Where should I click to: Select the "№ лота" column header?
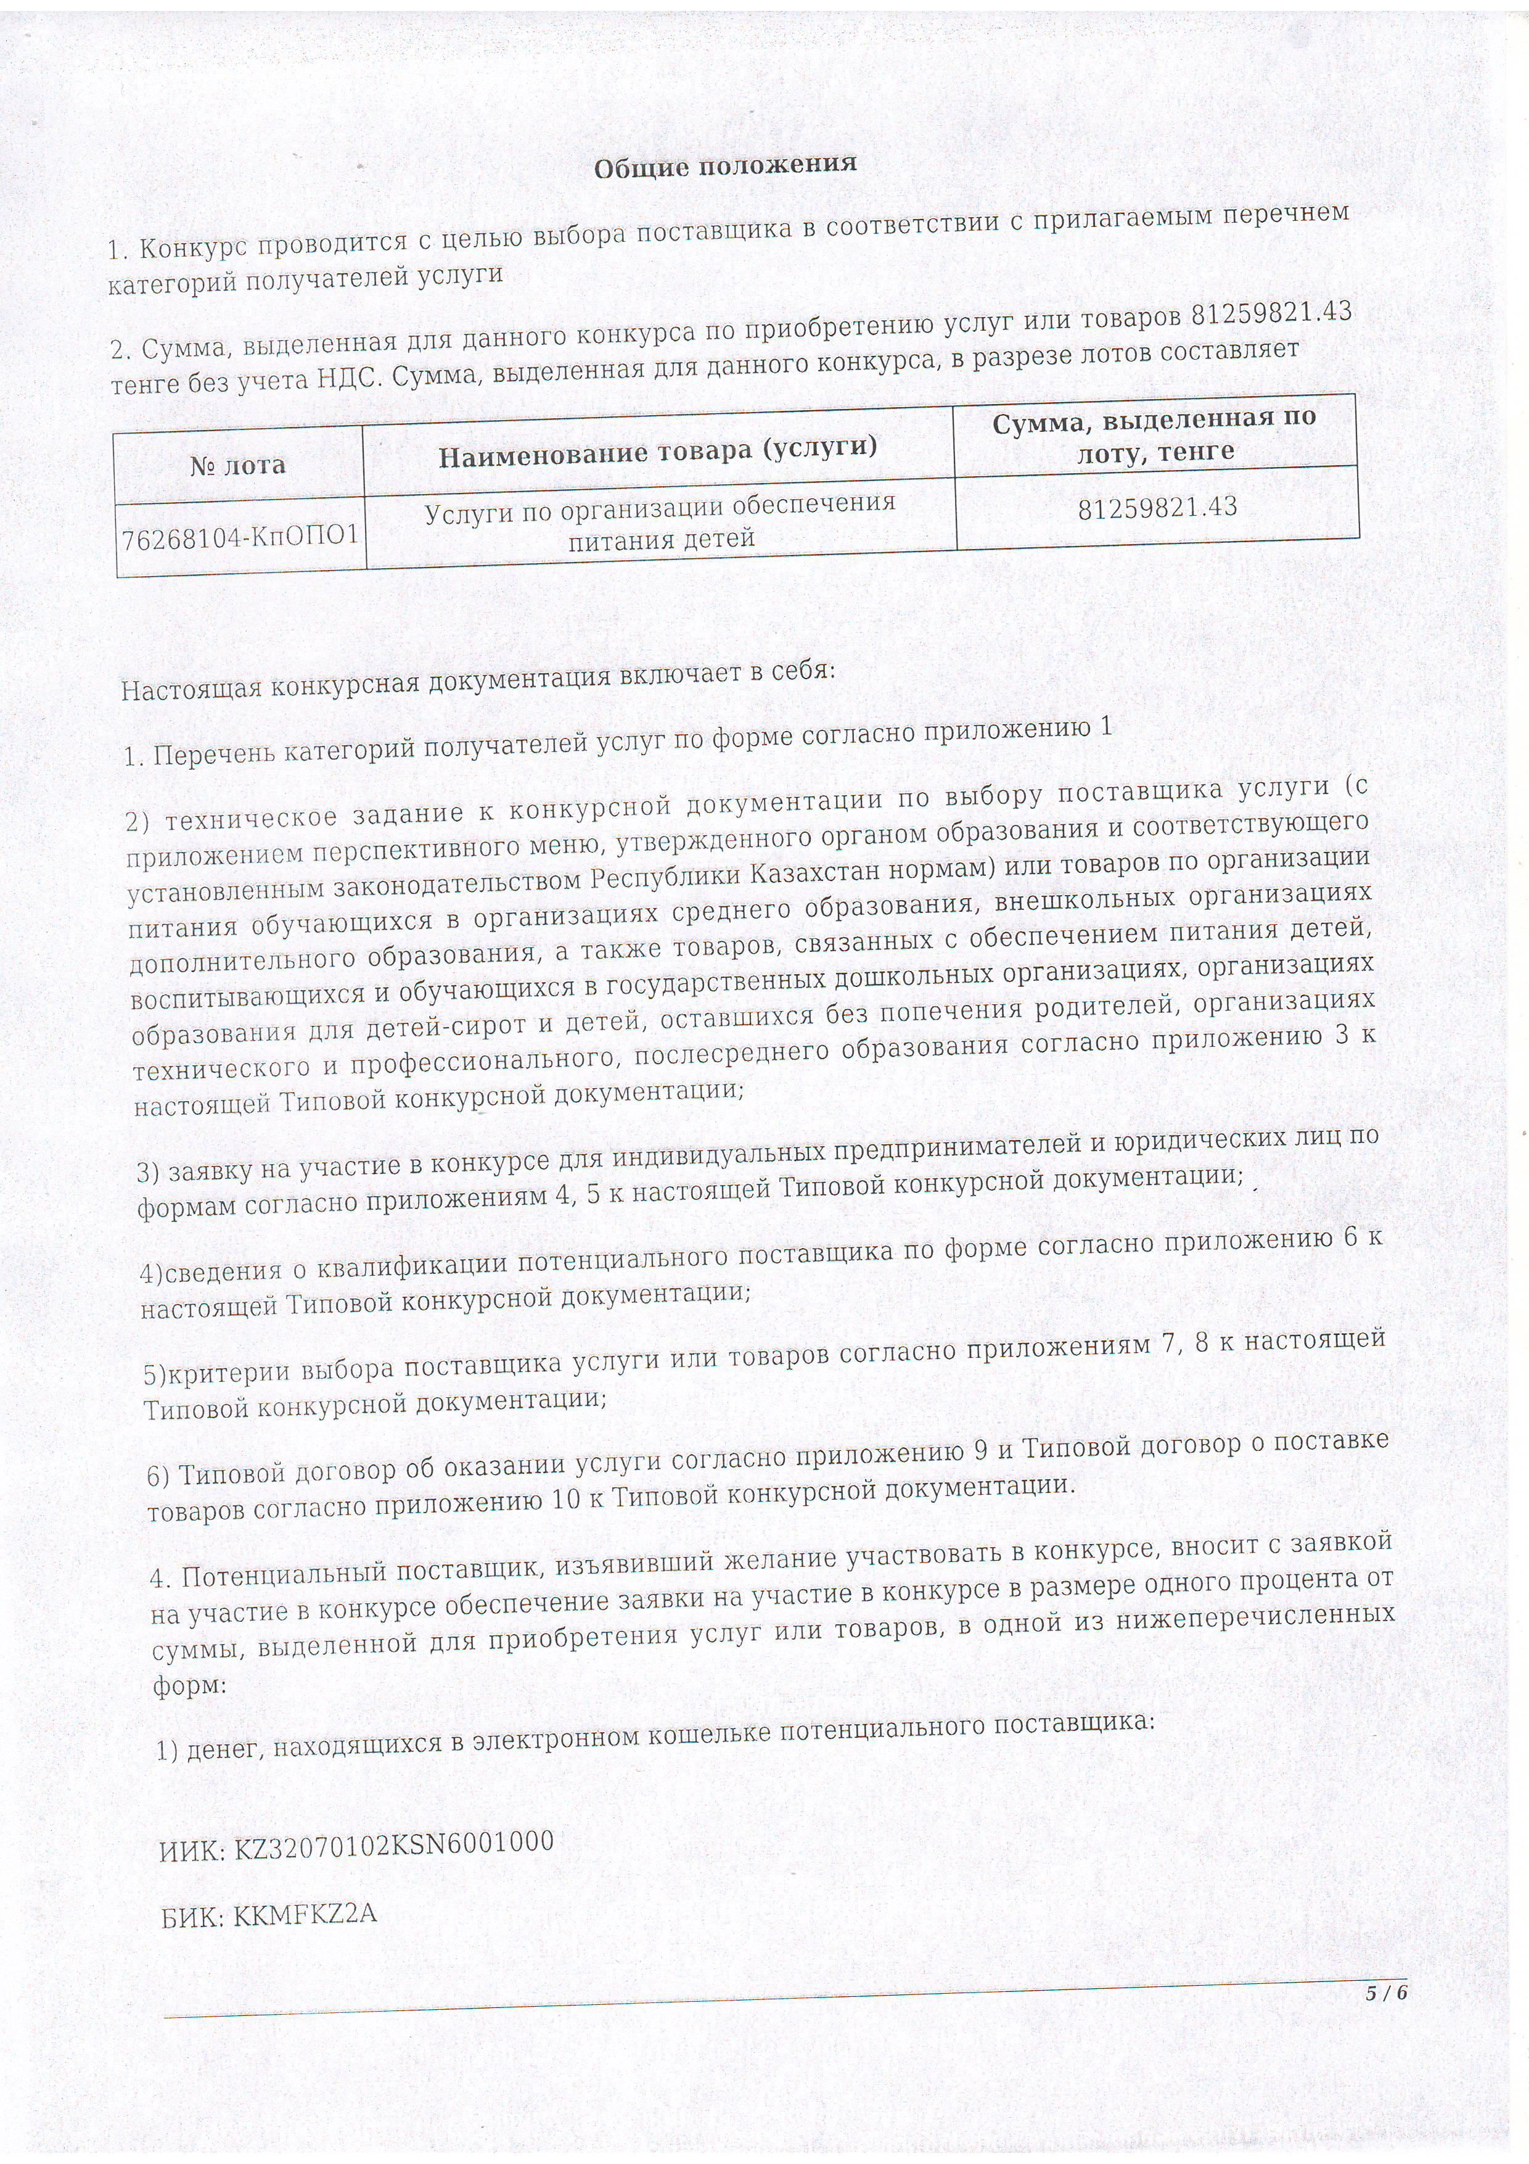click(x=237, y=465)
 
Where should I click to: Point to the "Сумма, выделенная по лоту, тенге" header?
click(x=1154, y=434)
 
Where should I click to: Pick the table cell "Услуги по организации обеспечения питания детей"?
click(x=660, y=521)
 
